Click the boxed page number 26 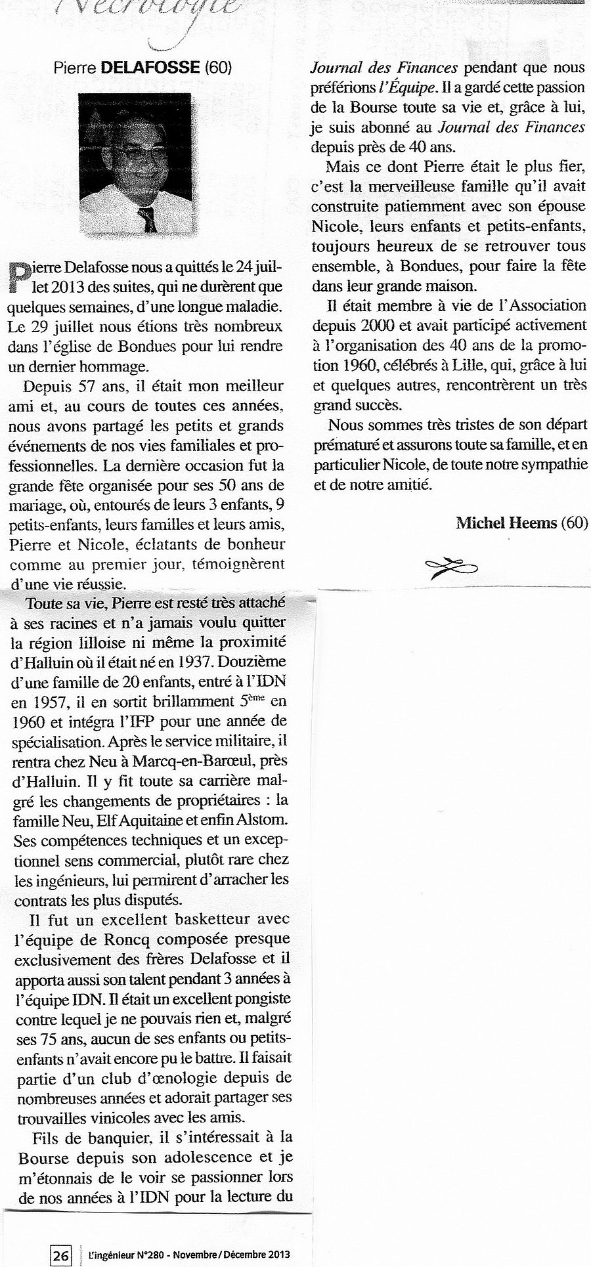click(x=60, y=1255)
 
